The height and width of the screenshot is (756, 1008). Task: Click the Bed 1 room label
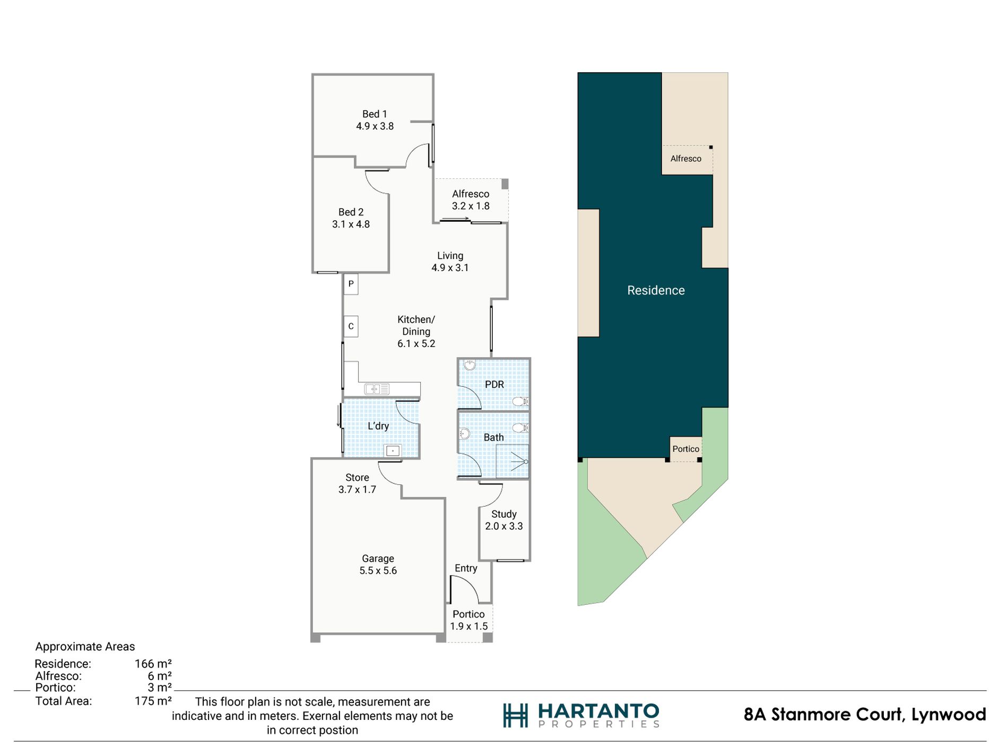375,114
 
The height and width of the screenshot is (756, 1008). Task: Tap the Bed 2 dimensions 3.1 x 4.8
351,224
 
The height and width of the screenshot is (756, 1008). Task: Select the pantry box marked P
351,284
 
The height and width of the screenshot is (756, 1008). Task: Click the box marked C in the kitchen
351,326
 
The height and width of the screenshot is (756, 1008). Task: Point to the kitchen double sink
377,389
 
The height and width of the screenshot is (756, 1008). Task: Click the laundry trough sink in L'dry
393,451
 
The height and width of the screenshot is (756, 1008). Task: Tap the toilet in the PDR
520,401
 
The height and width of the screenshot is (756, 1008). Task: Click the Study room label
504,514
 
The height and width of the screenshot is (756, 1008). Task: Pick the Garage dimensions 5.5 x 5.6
378,571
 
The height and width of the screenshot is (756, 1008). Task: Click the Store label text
357,477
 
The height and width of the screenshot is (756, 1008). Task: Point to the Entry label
466,568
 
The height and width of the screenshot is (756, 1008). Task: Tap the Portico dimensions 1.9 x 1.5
469,627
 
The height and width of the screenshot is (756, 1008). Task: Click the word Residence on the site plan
656,290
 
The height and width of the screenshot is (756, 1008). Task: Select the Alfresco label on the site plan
685,159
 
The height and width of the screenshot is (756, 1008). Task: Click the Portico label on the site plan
686,449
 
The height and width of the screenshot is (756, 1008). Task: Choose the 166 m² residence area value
153,664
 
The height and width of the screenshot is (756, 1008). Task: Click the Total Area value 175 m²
153,701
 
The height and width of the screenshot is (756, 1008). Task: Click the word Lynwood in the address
949,715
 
